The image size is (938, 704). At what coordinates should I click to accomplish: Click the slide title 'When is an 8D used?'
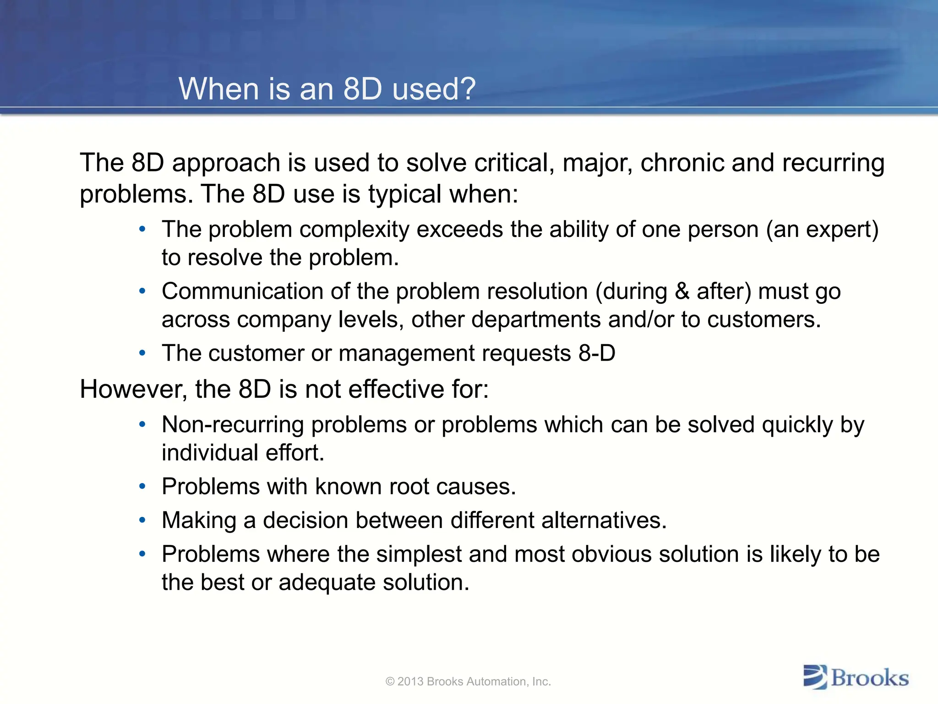tap(327, 88)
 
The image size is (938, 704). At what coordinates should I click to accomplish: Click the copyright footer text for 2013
tap(468, 682)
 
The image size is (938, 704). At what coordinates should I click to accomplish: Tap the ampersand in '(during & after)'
tap(682, 291)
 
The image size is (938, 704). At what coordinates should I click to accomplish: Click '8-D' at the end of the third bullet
tap(597, 353)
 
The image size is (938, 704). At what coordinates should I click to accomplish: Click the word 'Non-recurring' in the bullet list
tap(233, 425)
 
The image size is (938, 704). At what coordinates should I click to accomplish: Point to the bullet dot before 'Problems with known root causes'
tap(142, 486)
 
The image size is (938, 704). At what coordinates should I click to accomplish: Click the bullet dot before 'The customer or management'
tap(142, 353)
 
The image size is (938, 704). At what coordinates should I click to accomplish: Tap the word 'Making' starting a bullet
tap(199, 521)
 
